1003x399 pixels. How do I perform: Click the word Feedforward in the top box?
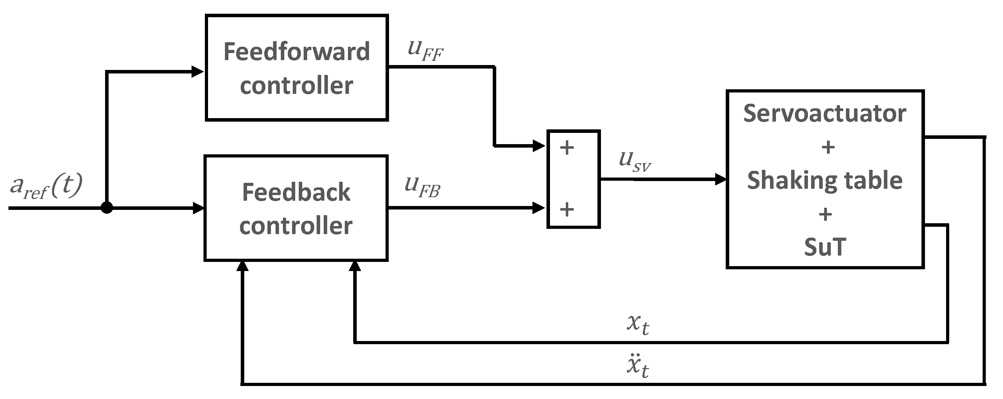point(296,52)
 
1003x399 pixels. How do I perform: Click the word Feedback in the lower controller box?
point(296,193)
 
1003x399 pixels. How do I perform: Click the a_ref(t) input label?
point(46,186)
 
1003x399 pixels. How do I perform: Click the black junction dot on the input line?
point(107,208)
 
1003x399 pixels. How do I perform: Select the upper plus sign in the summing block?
point(567,148)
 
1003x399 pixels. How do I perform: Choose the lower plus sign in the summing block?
point(567,209)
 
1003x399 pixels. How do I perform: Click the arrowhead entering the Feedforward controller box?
point(198,71)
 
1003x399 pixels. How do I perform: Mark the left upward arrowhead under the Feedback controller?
point(242,266)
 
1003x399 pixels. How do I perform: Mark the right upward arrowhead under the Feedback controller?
point(355,266)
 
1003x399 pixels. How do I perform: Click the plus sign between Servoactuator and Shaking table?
point(828,147)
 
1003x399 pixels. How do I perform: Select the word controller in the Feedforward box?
point(296,86)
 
